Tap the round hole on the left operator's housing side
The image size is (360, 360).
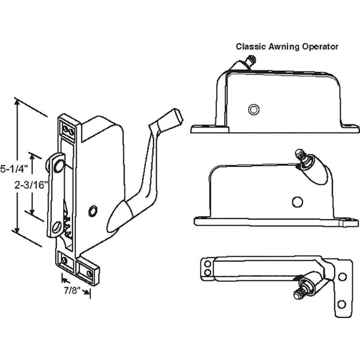coord(92,210)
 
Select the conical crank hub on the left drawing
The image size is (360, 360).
coord(120,214)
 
